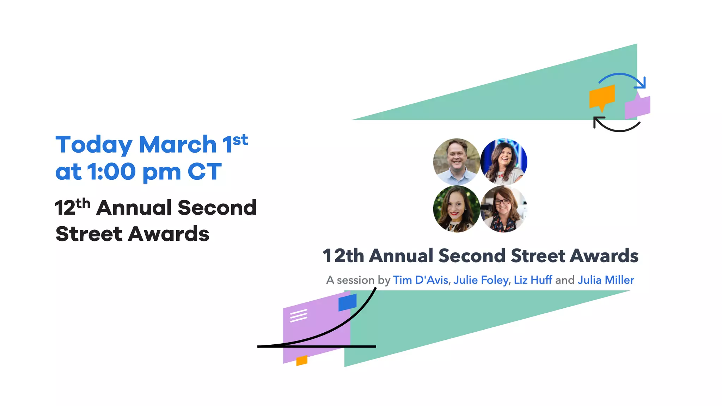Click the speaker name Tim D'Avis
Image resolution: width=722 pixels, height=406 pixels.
[420, 280]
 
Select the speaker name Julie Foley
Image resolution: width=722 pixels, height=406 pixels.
[481, 280]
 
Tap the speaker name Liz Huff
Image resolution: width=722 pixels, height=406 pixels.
[532, 280]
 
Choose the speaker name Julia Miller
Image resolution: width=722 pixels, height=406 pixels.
[605, 280]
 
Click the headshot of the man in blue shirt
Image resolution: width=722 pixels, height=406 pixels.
[456, 161]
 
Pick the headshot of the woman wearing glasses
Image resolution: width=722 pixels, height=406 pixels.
[503, 209]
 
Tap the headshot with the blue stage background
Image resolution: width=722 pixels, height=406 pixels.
[503, 161]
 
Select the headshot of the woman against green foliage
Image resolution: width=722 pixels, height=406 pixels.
[456, 209]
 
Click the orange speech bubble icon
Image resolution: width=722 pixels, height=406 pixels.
[602, 96]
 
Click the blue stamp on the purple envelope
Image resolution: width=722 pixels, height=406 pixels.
[347, 302]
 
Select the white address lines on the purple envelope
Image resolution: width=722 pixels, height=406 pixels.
[299, 315]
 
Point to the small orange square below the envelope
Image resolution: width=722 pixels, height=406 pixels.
[302, 361]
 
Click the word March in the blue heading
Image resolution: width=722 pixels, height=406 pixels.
[178, 144]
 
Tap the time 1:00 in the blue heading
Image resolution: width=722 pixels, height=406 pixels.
[111, 172]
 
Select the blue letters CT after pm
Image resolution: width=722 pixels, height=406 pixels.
[204, 172]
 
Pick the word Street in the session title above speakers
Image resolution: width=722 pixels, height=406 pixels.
[538, 256]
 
